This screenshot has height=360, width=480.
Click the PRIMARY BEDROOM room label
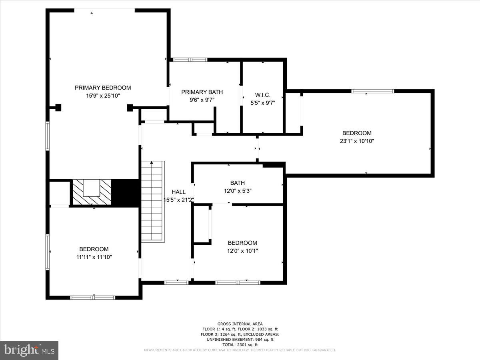click(103, 88)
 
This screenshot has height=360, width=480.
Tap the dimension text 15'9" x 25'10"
click(103, 96)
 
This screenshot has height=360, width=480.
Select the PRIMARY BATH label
click(202, 92)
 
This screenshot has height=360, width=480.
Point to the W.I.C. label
click(263, 95)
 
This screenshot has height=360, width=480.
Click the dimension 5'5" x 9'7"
click(263, 103)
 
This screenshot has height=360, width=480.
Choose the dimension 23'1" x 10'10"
click(357, 141)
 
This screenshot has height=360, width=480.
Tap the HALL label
click(178, 192)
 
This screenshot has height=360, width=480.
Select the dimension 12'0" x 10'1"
click(242, 251)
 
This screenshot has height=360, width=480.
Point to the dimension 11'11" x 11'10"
click(94, 257)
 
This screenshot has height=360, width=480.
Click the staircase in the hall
click(153, 202)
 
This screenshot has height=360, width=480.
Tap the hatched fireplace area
click(92, 192)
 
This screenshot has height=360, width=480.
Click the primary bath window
click(190, 60)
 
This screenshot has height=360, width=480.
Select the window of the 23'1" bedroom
click(373, 91)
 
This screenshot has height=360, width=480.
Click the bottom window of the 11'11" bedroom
click(93, 298)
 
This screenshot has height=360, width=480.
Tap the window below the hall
click(176, 283)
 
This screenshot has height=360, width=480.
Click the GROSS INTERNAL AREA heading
click(240, 324)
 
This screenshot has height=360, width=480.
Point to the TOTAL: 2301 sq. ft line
click(240, 345)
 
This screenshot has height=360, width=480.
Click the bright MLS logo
click(29, 350)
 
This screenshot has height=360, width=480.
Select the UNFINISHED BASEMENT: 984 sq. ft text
click(240, 340)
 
